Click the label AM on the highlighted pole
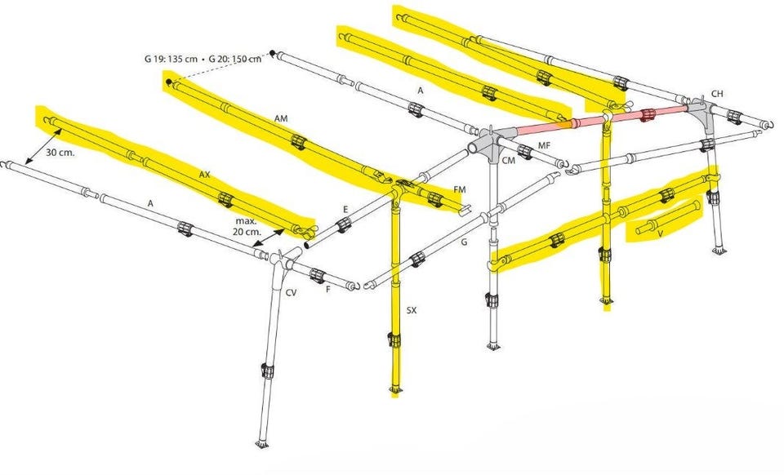tap(281, 118)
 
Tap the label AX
tap(204, 175)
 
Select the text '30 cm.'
tap(60, 153)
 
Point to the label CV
tap(291, 293)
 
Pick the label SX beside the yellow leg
tap(411, 311)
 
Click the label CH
tap(717, 93)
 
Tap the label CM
tap(509, 160)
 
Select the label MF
tap(544, 145)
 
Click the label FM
tap(460, 190)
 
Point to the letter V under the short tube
tap(661, 233)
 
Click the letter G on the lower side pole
tap(464, 242)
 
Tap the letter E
tap(345, 209)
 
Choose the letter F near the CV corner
tap(328, 289)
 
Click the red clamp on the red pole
tap(648, 114)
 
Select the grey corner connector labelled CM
tap(489, 140)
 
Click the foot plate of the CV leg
tap(261, 443)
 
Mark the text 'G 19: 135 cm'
tap(171, 59)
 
